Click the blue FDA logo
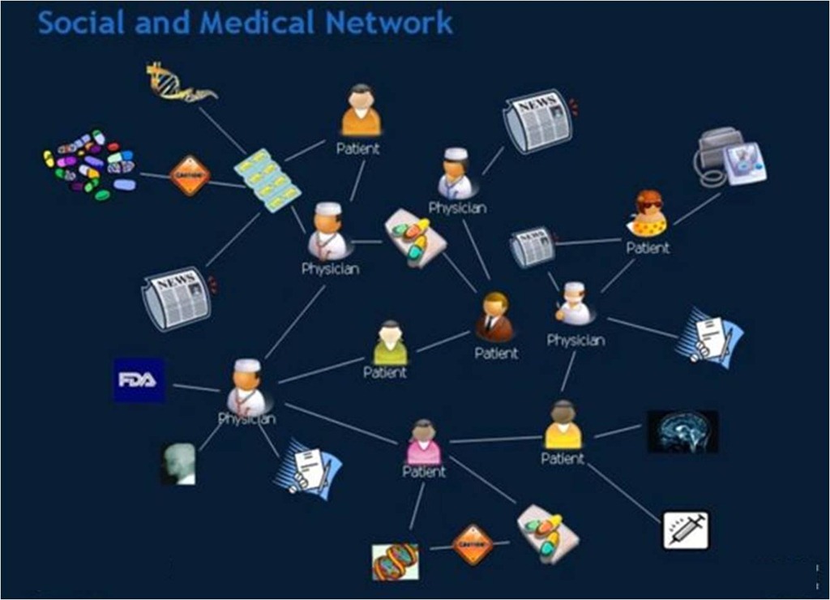[x=139, y=379]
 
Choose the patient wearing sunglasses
[x=648, y=214]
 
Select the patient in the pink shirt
[x=424, y=443]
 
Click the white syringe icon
[x=686, y=529]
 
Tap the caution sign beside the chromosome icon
[x=473, y=544]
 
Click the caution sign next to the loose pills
[x=190, y=175]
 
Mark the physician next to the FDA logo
[x=246, y=388]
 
